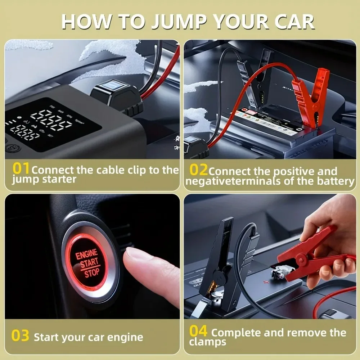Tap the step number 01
coord(21,168)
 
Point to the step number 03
coord(20,336)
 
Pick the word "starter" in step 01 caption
coord(59,179)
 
